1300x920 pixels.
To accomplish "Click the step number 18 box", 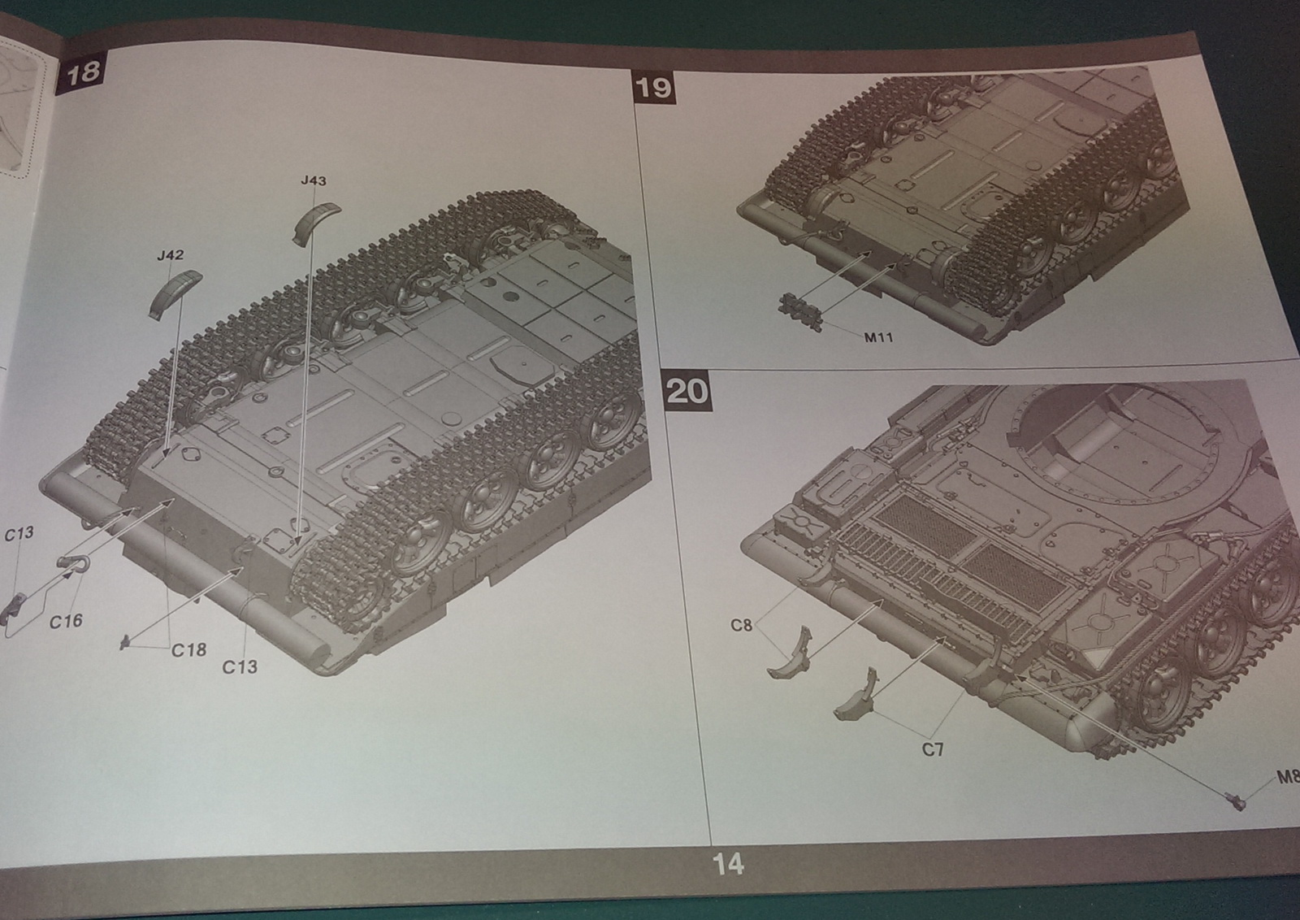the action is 82,72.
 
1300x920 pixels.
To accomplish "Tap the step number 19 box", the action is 653,87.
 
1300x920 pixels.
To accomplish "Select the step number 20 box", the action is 687,392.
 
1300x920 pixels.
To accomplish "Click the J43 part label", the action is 313,180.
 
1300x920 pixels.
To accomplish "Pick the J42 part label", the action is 170,255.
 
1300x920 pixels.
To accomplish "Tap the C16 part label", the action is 66,621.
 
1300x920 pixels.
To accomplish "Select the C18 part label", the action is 188,649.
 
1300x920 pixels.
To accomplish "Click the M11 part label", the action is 878,336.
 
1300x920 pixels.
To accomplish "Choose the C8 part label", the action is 741,625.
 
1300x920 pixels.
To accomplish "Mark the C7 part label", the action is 932,749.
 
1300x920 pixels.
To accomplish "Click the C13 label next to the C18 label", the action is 240,666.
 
